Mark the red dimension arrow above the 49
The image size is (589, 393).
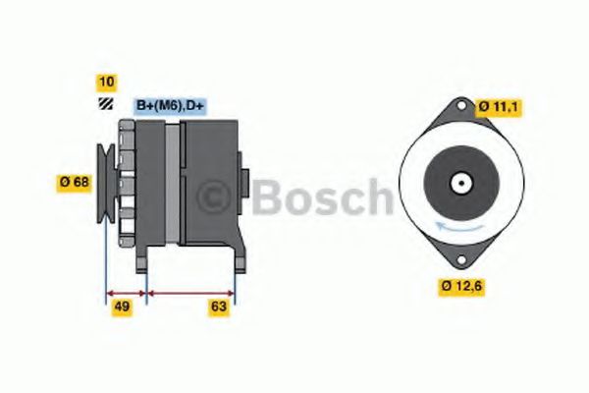coord(126,292)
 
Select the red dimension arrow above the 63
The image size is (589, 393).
coord(190,292)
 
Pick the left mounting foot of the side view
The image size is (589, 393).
coord(144,257)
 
